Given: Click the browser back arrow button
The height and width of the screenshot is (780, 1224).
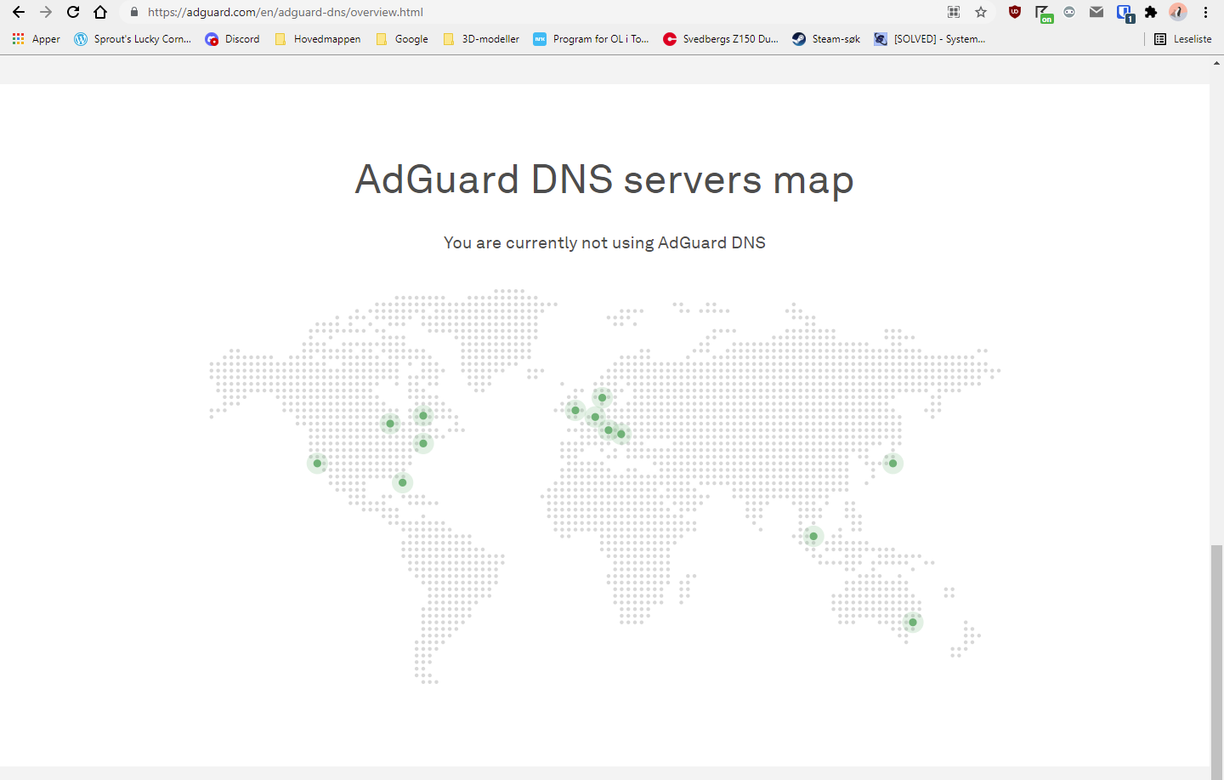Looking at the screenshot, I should [x=19, y=12].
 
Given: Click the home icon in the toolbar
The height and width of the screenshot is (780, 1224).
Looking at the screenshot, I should [x=100, y=12].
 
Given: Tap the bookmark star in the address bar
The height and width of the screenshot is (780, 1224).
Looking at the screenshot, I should [x=981, y=12].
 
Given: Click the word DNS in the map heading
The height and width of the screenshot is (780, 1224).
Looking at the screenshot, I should [x=572, y=179].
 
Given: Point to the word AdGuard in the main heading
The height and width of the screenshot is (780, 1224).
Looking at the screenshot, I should [x=437, y=179].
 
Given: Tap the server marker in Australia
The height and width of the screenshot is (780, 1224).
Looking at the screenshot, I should [x=913, y=623].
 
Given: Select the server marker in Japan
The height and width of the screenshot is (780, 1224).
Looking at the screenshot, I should [x=892, y=464].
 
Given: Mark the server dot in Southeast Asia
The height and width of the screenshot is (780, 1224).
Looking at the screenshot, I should [x=813, y=537].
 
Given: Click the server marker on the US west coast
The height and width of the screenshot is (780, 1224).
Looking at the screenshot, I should [x=317, y=464].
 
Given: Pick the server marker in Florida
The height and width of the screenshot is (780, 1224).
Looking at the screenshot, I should [x=403, y=482].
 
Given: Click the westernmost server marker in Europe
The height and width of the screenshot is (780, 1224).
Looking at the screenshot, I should [x=575, y=411].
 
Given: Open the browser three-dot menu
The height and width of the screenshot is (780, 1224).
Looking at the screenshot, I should [x=1205, y=12].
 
